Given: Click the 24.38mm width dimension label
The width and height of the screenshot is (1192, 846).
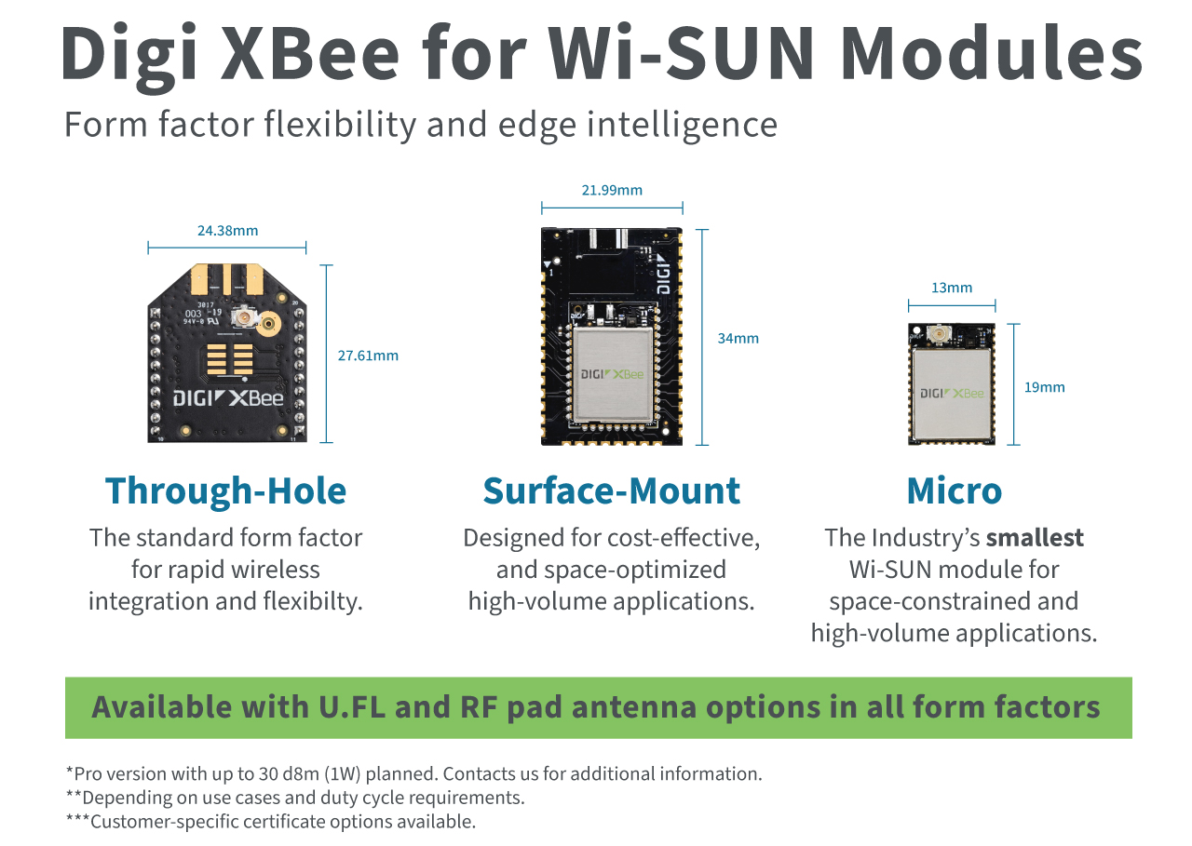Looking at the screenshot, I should click(x=227, y=231).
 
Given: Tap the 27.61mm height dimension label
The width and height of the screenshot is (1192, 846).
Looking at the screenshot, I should click(x=368, y=356).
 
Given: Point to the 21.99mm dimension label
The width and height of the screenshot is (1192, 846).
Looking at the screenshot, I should click(x=612, y=191).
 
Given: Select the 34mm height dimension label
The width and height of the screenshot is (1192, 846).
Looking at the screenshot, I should click(x=738, y=339).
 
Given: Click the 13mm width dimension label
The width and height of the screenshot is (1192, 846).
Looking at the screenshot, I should click(x=952, y=289).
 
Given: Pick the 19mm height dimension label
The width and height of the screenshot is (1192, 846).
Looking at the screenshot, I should click(x=1044, y=387).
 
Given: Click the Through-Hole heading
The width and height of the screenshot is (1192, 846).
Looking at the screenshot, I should click(x=225, y=490).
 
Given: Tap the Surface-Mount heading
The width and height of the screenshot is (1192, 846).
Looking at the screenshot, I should click(x=612, y=490).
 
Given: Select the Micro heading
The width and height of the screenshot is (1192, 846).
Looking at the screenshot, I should click(x=954, y=490).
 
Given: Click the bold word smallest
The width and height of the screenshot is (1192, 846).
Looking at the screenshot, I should click(x=1035, y=538).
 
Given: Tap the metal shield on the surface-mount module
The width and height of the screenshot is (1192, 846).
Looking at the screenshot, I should click(x=612, y=374).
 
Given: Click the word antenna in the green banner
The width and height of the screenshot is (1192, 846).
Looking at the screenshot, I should click(x=633, y=707).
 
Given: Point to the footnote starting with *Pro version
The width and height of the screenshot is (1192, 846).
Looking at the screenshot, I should click(x=413, y=773).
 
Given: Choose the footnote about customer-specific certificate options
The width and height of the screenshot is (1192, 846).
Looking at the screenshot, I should click(x=271, y=822).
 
